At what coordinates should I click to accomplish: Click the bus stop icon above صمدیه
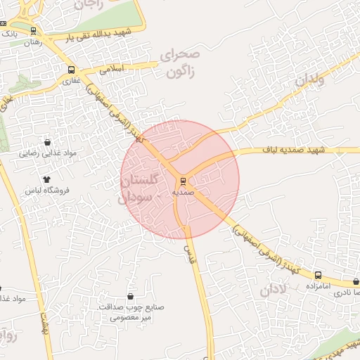coord(182,179)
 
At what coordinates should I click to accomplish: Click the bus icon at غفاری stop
coord(72,70)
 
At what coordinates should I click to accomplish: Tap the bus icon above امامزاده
coord(318,275)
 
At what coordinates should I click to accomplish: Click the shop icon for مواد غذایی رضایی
coord(47,141)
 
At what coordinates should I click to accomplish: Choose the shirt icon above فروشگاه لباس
coord(47,179)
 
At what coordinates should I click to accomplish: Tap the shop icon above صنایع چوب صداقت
coord(131,295)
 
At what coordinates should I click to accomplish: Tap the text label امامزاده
coord(318,286)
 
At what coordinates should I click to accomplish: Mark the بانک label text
coord(9,33)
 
